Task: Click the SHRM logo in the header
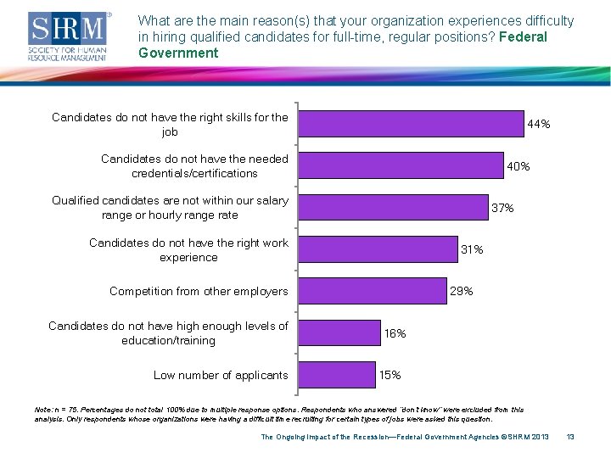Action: coord(69,36)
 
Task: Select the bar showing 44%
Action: coord(411,124)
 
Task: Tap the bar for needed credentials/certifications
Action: coord(401,165)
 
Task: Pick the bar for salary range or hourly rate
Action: coord(395,208)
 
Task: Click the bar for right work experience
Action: coord(378,249)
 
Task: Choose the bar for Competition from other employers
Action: coord(373,291)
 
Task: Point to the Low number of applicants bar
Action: coord(337,374)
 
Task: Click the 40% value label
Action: coord(518,166)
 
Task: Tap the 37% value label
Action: coord(502,208)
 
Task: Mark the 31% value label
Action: coord(472,249)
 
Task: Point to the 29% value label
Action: coord(462,291)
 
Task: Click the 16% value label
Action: coord(395,333)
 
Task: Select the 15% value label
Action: coord(390,375)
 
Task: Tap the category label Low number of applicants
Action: coord(221,375)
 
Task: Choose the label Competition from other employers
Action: coord(199,291)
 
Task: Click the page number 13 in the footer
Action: coord(570,437)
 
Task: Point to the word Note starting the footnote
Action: coord(42,410)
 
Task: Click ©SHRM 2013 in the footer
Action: coord(521,437)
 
